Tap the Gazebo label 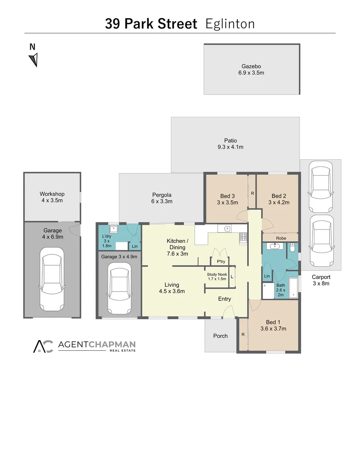[x=251, y=66]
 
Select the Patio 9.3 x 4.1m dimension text [x=231, y=147]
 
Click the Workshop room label [x=52, y=194]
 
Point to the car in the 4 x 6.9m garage [x=52, y=279]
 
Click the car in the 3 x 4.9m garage [x=119, y=286]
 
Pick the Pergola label [x=162, y=195]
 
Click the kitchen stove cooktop [x=243, y=238]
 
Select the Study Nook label [x=217, y=275]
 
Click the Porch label [x=220, y=336]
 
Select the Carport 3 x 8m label [x=321, y=278]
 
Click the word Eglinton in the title [x=230, y=24]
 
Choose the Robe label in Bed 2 [x=281, y=238]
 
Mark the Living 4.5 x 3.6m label [x=172, y=285]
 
